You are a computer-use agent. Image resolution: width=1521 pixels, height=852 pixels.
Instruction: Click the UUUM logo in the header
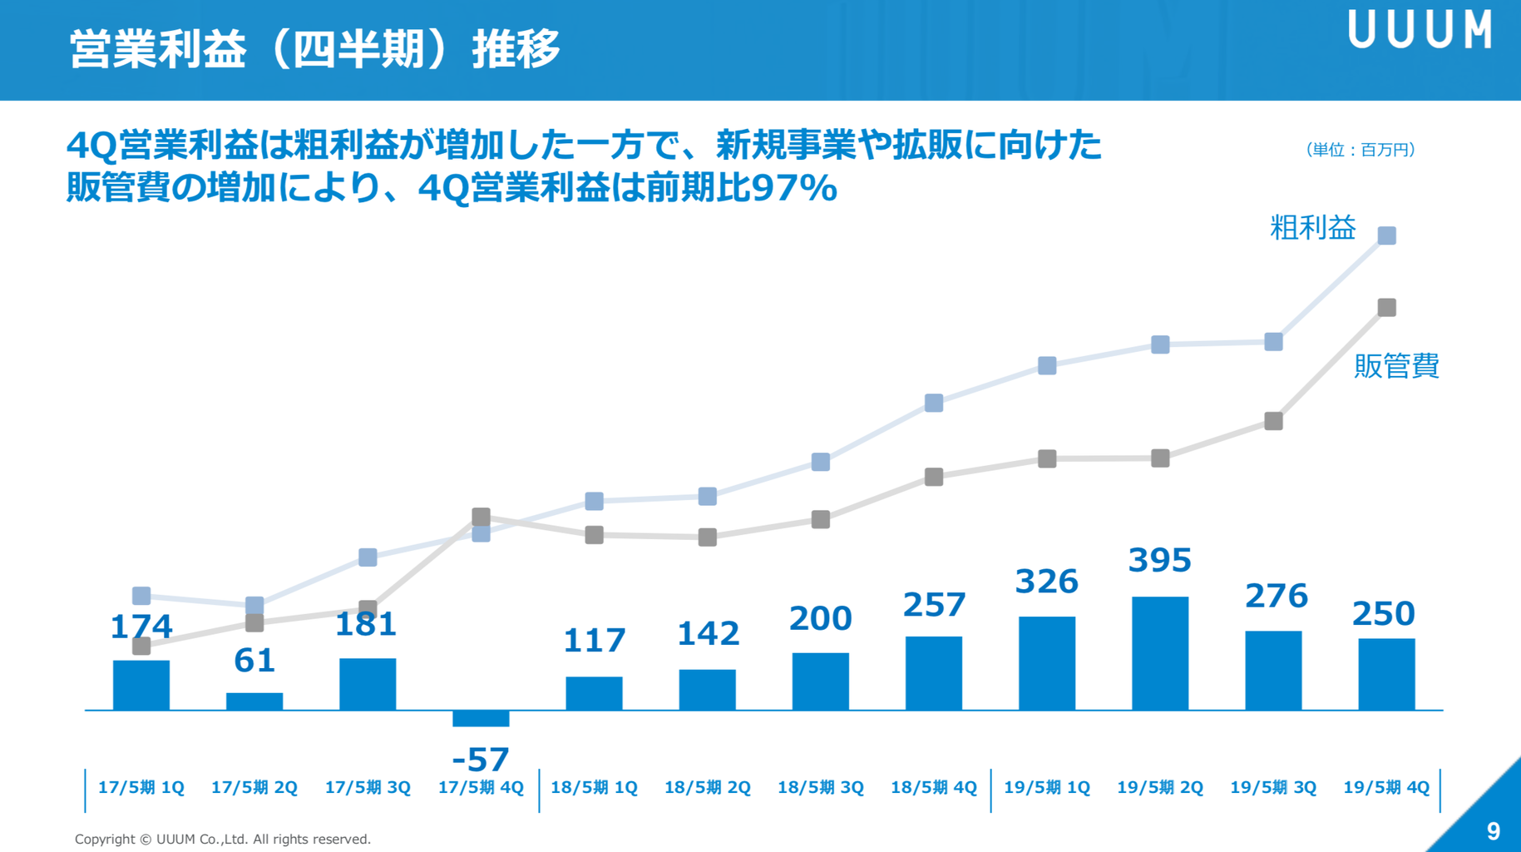1420,30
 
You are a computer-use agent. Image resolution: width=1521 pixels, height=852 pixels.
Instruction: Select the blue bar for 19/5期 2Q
1160,653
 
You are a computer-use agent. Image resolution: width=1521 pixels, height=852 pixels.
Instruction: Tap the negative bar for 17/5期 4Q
481,718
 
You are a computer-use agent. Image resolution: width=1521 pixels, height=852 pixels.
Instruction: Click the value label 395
1160,561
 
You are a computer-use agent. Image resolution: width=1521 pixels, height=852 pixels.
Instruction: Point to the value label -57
481,760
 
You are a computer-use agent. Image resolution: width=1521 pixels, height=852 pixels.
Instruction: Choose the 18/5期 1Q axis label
594,787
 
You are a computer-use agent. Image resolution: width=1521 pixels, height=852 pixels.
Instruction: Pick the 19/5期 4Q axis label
1386,787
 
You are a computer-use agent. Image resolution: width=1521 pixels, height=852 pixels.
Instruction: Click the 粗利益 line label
1312,228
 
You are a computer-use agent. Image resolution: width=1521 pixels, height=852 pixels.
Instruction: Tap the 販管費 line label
1396,366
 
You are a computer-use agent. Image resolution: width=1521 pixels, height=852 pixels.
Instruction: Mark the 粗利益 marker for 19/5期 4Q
1387,236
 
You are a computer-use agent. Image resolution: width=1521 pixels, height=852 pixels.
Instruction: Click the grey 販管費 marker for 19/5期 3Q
1273,421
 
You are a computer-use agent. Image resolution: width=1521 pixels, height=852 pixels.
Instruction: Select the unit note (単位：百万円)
1360,150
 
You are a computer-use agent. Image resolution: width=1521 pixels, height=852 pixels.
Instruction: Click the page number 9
1494,831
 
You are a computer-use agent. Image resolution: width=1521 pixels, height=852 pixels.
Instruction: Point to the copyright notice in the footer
223,840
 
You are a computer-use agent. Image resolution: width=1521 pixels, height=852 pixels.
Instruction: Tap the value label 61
254,661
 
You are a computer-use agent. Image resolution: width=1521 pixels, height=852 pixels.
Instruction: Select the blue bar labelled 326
1047,663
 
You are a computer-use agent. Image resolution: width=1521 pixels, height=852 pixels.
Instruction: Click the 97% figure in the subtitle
794,188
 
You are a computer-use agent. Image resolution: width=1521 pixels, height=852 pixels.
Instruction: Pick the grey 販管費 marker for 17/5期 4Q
481,517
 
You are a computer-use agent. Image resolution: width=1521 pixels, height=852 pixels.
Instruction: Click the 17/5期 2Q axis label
254,787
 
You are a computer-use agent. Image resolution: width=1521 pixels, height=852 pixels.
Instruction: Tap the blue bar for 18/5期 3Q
821,681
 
